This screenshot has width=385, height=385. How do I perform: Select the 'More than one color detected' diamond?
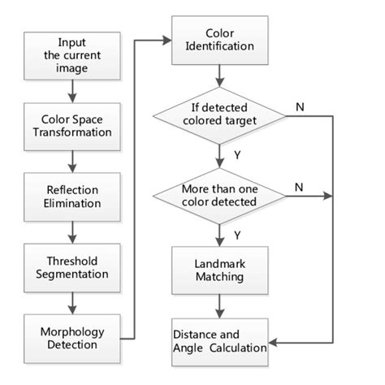[219, 195]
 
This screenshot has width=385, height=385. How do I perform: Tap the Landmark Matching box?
[219, 270]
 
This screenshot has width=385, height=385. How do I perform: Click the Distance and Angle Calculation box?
[219, 340]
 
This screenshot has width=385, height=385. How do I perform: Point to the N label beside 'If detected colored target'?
[300, 106]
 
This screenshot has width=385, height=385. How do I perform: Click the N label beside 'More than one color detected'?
[300, 186]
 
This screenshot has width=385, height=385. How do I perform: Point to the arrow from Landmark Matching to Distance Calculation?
[219, 306]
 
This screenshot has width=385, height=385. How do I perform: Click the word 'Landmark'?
[219, 262]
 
